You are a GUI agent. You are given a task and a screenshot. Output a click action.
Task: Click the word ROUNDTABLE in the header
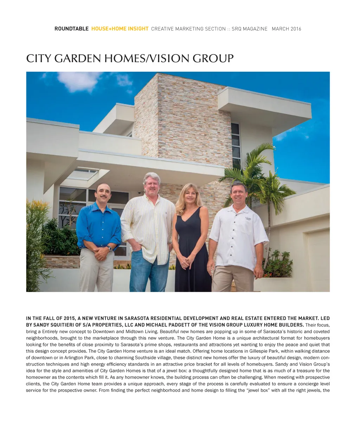pyautogui.click(x=71, y=29)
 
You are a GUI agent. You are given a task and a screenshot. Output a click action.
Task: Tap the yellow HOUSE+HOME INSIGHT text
pyautogui.click(x=120, y=29)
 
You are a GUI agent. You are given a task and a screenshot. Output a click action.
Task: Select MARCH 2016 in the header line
pyautogui.click(x=286, y=29)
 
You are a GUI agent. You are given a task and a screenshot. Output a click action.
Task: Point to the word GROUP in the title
pyautogui.click(x=213, y=58)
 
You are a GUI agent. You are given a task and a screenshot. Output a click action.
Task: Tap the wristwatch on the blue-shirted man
pyautogui.click(x=110, y=249)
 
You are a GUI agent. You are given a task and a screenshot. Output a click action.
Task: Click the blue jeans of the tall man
pyautogui.click(x=144, y=274)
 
